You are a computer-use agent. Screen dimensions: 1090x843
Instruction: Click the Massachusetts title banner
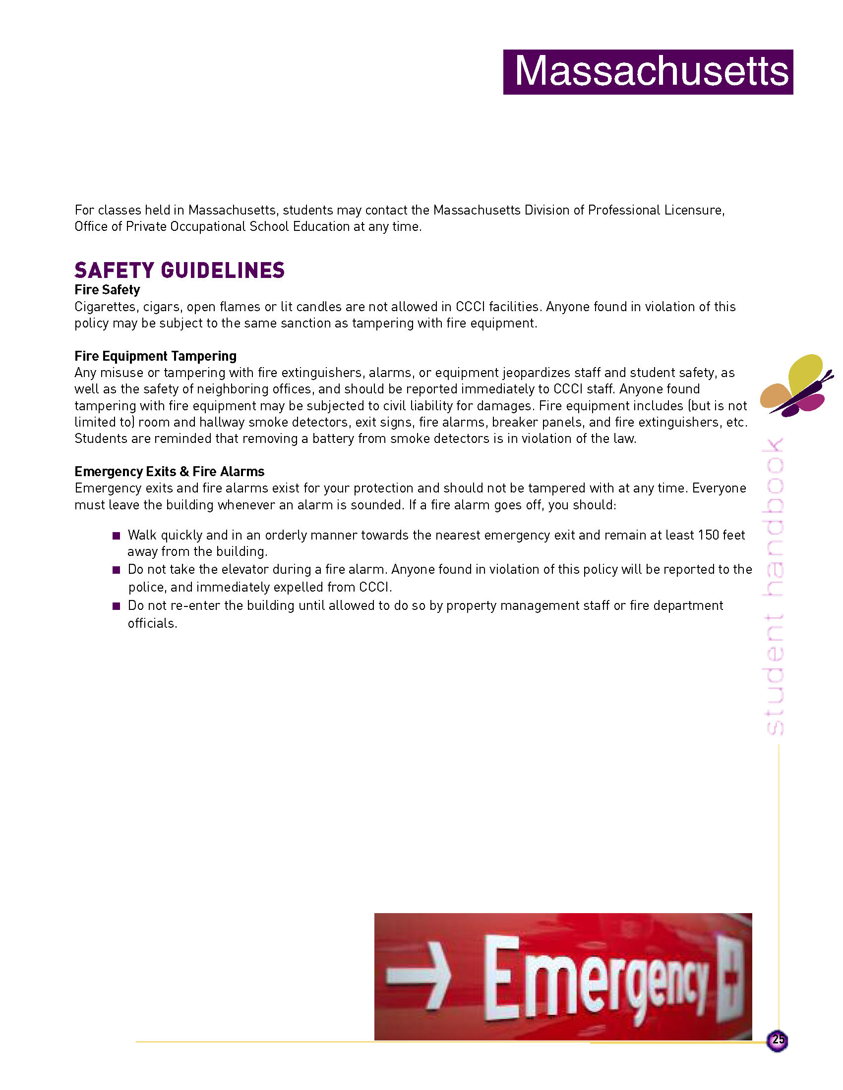pyautogui.click(x=648, y=72)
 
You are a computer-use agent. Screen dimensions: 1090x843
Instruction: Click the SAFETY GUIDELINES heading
pyautogui.click(x=180, y=270)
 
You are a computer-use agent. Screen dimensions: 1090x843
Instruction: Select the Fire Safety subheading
pyautogui.click(x=107, y=290)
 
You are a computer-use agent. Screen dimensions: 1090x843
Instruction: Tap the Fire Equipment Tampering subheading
pyautogui.click(x=155, y=356)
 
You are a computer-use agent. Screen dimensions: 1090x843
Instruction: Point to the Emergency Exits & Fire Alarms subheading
pyautogui.click(x=169, y=471)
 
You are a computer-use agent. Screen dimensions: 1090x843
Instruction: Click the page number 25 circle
pyautogui.click(x=777, y=1040)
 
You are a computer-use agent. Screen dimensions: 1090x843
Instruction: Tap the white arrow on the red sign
pyautogui.click(x=419, y=974)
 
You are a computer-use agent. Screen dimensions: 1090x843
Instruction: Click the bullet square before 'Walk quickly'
pyautogui.click(x=117, y=536)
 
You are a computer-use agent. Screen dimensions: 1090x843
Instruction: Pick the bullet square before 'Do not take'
pyautogui.click(x=117, y=570)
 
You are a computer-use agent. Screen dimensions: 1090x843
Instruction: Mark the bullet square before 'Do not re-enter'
pyautogui.click(x=117, y=606)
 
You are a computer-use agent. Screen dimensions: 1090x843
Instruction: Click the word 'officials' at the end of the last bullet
pyautogui.click(x=151, y=623)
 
